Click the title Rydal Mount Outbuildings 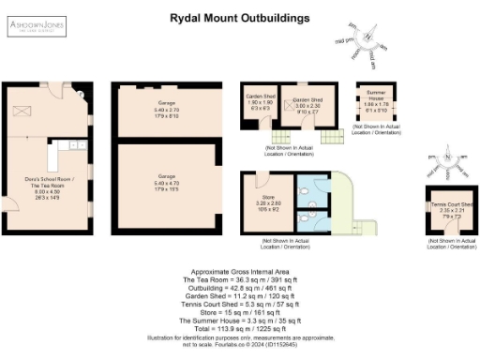pos(239,17)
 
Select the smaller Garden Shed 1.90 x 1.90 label pos(260,102)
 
